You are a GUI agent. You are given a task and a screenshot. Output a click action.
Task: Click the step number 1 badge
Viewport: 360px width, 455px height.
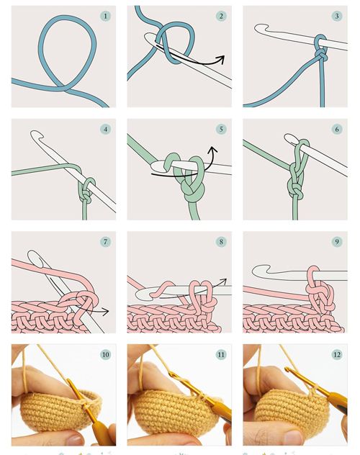pos(105,16)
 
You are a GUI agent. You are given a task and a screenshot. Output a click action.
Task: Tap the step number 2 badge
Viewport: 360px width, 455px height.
pos(221,16)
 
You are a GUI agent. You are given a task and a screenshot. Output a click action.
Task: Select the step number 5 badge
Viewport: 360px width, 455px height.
pos(221,129)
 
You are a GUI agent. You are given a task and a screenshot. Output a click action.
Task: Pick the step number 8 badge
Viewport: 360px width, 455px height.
pos(221,241)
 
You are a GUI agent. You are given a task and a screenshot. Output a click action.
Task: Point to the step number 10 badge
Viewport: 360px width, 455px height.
pos(105,354)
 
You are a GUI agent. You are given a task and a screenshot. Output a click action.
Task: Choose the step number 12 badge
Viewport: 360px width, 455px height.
pos(337,354)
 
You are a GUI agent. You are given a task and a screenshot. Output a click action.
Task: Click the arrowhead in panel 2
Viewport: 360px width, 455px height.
pos(221,59)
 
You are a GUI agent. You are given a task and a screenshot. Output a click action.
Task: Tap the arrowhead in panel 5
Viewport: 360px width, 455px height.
pos(213,150)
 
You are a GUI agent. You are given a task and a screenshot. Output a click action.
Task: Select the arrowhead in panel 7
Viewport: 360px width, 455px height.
pos(105,312)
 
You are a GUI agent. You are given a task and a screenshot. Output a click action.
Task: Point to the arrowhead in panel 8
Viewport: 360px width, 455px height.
pos(223,281)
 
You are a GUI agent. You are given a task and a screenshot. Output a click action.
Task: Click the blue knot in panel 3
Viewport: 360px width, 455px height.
pos(321,54)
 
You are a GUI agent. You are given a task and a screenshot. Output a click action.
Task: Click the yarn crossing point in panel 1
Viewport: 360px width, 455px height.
pos(64,88)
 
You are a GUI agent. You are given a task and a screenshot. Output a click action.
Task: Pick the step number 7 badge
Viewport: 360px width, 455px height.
pos(105,241)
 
